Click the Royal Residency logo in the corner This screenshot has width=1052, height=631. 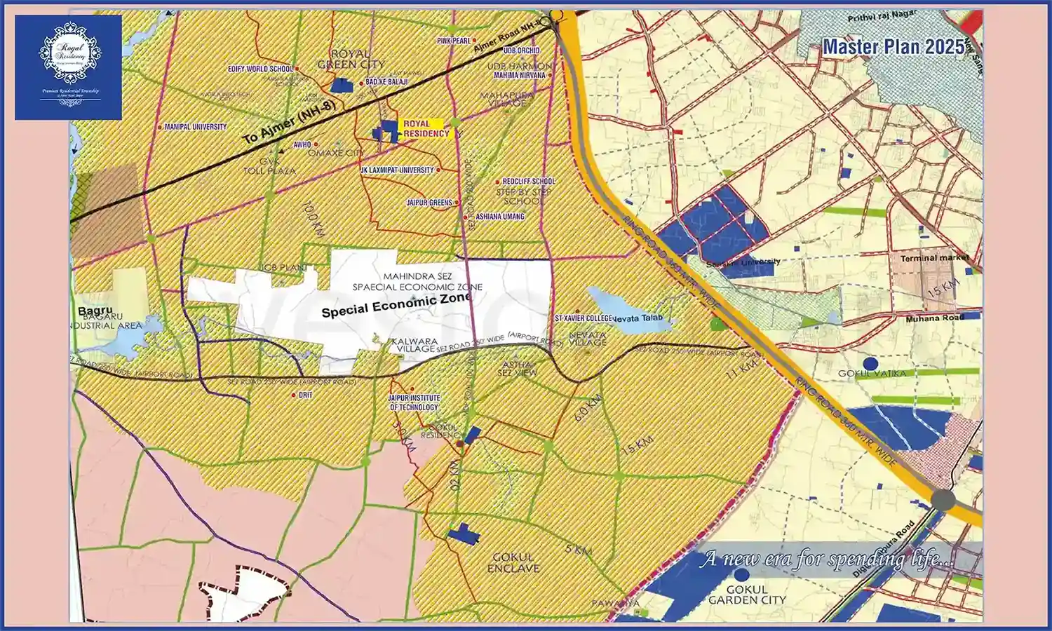(x=69, y=67)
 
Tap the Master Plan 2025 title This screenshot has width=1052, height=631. (x=893, y=47)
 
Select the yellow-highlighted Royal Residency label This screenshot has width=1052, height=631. (x=426, y=128)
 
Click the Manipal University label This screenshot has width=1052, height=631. (x=195, y=127)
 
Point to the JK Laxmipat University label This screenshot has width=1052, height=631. (x=397, y=170)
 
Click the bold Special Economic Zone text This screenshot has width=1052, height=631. (x=396, y=305)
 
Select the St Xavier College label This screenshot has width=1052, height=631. (x=584, y=318)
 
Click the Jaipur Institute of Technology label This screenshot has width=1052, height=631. (x=414, y=402)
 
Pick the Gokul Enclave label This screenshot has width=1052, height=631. (x=513, y=562)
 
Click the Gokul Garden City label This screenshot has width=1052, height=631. (x=746, y=595)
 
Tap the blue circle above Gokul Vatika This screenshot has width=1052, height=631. (x=870, y=363)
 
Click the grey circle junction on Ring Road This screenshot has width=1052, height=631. (x=943, y=500)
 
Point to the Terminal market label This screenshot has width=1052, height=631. (x=934, y=258)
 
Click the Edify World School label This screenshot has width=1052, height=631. (x=260, y=69)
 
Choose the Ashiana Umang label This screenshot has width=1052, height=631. (x=499, y=217)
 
